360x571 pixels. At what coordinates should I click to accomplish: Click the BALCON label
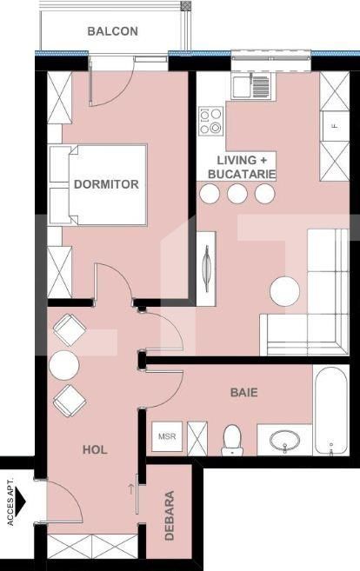112,31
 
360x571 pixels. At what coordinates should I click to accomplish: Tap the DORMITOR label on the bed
106,184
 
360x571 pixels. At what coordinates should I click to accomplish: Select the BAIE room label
243,392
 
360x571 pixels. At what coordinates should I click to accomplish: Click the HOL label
95,449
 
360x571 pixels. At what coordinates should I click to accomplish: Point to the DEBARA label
170,515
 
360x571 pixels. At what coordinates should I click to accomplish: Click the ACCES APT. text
10,501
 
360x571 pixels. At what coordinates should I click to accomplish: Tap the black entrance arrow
21,501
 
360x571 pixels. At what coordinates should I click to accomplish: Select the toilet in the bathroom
232,440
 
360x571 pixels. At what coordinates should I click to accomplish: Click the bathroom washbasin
284,441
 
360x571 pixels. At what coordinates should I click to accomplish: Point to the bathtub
331,410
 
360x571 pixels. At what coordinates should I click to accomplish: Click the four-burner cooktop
210,121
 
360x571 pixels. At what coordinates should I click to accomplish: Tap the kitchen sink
251,86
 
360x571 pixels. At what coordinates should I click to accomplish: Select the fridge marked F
335,126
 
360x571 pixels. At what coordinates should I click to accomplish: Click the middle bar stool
237,193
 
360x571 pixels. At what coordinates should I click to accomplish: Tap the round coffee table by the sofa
285,291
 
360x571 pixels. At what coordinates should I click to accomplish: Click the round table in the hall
64,365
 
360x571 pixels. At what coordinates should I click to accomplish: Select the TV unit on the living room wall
206,269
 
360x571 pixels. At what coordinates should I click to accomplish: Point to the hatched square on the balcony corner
187,5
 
